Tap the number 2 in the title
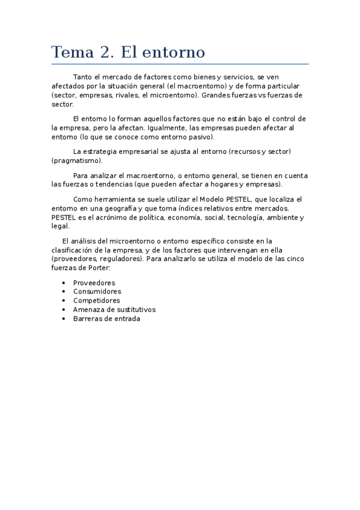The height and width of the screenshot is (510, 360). coord(106,52)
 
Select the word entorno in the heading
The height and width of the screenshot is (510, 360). coord(175,52)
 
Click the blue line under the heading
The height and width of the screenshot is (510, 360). coord(180,64)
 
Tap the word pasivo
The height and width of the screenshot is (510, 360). coord(198,137)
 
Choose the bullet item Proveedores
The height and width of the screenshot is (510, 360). coord(94,283)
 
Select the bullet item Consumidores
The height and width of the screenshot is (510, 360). coord(97,292)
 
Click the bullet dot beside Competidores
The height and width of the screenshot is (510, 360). coord(63,301)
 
